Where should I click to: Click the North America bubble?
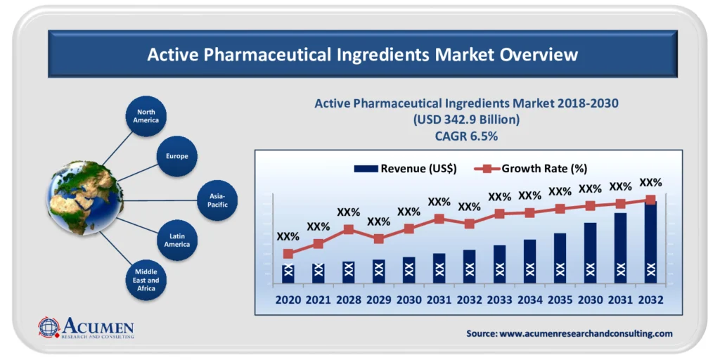(x=146, y=116)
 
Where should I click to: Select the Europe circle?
(x=177, y=156)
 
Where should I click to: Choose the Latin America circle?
(x=177, y=240)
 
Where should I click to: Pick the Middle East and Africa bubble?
(x=146, y=280)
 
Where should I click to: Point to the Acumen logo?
(x=86, y=328)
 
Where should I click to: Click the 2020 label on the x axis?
(x=288, y=300)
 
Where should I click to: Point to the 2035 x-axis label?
(x=560, y=300)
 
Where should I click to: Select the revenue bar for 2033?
(x=499, y=264)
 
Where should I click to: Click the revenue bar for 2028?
(x=349, y=272)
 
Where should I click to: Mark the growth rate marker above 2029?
(x=378, y=239)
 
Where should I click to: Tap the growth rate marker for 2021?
(x=318, y=244)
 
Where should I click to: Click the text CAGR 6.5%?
(x=466, y=136)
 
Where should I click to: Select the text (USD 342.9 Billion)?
(x=466, y=120)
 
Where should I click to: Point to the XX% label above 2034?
(x=529, y=195)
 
